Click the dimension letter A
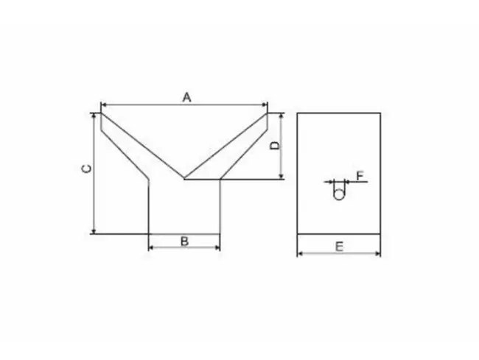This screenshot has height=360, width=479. [187, 97]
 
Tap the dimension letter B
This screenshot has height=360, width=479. [185, 241]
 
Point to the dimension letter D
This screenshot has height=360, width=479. [274, 146]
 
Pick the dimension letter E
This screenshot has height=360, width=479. [338, 247]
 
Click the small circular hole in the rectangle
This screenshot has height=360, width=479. [339, 194]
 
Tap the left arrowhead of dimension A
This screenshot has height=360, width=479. [102, 106]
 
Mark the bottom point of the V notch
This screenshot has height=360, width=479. [184, 178]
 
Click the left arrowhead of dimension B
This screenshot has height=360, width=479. [152, 247]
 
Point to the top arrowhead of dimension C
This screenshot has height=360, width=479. [94, 116]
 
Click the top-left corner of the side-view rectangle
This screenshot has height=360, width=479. [297, 113]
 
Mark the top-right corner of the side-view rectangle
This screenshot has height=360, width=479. [380, 113]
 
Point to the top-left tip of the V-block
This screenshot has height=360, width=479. [100, 113]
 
